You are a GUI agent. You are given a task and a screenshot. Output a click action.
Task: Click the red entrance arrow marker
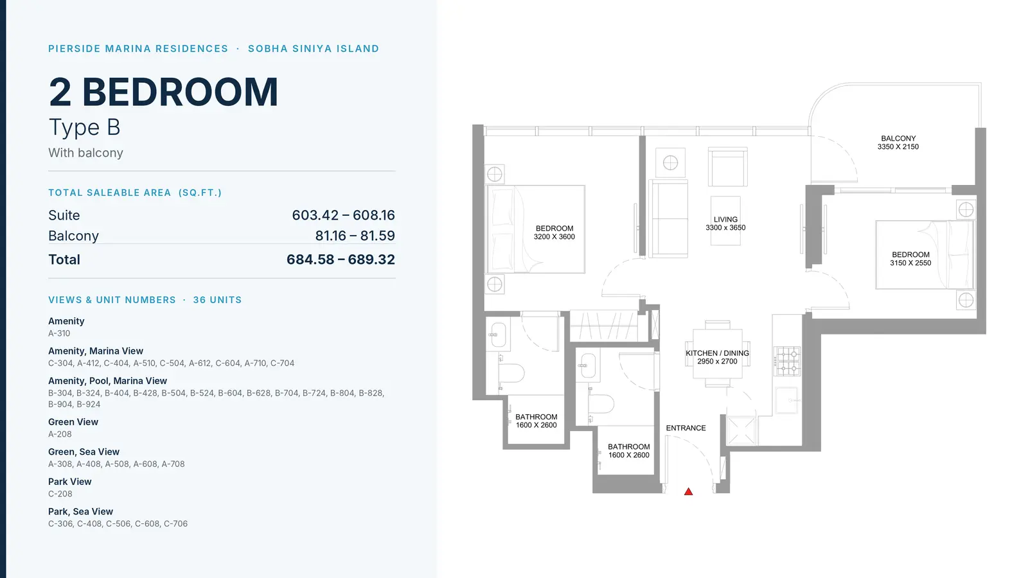click(x=688, y=492)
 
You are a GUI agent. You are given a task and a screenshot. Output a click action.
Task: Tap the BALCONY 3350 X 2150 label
click(x=898, y=143)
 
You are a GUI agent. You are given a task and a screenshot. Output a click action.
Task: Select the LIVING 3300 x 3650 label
click(x=725, y=223)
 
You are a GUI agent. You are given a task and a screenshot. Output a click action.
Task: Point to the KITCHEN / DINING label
click(x=717, y=353)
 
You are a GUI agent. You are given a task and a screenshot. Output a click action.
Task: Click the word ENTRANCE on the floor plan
click(x=686, y=428)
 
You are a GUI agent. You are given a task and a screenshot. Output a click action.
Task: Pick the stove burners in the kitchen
click(x=788, y=361)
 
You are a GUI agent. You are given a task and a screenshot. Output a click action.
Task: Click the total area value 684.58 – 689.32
click(x=341, y=259)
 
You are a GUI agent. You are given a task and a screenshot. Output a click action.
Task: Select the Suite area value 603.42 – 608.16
click(x=343, y=215)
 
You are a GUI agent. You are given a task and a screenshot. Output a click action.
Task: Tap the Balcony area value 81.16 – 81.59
click(x=355, y=236)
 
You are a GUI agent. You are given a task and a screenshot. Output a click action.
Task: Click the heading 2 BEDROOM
click(x=163, y=92)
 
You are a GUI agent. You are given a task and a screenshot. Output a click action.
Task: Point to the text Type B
click(x=84, y=127)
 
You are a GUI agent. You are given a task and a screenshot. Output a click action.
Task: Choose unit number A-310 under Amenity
click(x=59, y=333)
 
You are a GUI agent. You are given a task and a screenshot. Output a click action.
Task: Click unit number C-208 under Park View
click(x=60, y=494)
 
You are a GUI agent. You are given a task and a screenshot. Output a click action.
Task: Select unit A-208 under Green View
click(x=60, y=434)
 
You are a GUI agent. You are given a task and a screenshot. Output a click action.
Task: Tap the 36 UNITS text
click(x=217, y=300)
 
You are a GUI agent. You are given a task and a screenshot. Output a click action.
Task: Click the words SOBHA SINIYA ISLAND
click(x=314, y=49)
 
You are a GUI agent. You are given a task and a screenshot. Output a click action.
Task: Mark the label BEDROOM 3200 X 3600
click(x=554, y=232)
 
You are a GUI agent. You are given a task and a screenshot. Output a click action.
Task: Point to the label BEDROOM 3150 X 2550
click(x=910, y=259)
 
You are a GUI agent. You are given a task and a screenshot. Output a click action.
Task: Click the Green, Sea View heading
click(x=84, y=452)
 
